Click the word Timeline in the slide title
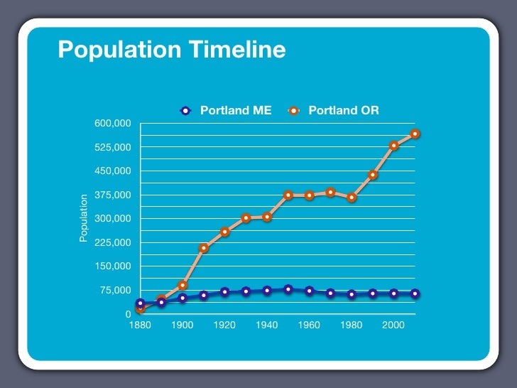point(239,50)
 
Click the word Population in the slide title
point(119,50)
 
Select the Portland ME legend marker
point(186,111)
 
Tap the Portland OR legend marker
point(295,111)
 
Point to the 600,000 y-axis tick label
point(113,124)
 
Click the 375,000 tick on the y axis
point(113,195)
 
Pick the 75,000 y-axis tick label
point(115,290)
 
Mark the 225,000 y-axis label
point(113,242)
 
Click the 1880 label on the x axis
point(140,325)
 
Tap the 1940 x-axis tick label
point(266,325)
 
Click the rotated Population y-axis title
point(83,217)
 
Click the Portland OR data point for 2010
point(415,134)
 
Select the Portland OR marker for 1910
point(204,248)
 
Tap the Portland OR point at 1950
point(288,195)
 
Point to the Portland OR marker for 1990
point(373,175)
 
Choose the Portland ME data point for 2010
point(415,293)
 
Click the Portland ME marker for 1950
point(288,289)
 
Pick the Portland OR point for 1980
point(352,198)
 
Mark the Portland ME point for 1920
point(225,292)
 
